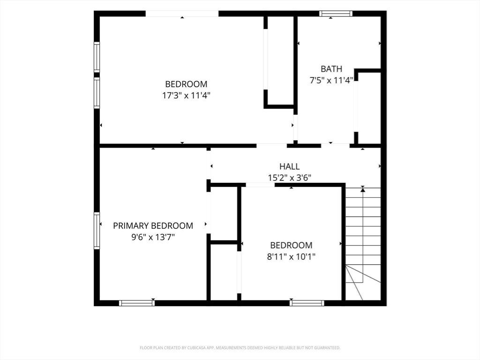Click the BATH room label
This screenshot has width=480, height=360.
(x=331, y=69)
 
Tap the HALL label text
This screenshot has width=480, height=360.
(x=289, y=166)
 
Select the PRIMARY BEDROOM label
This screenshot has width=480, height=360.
(x=153, y=226)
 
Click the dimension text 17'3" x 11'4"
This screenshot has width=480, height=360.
(x=186, y=96)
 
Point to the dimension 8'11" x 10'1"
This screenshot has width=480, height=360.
(x=291, y=256)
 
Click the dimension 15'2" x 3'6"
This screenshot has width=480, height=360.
(x=290, y=178)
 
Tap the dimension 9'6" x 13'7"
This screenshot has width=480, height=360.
(x=153, y=237)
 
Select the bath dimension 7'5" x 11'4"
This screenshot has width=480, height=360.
(x=331, y=81)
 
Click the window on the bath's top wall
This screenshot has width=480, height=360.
(x=336, y=14)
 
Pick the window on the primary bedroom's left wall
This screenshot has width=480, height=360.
(x=97, y=231)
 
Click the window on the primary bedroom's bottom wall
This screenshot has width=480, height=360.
(x=137, y=303)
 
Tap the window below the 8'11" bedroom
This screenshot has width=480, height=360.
(x=307, y=303)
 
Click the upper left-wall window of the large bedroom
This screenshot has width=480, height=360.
(x=97, y=57)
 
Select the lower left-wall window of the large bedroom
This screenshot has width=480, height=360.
(x=97, y=93)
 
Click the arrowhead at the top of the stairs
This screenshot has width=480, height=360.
(x=363, y=190)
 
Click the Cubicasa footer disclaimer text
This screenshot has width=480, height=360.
(x=240, y=348)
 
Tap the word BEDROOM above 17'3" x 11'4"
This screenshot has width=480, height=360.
(x=186, y=84)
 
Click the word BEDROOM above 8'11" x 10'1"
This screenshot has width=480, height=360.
(x=291, y=245)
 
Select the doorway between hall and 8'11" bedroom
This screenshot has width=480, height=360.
(x=260, y=185)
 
